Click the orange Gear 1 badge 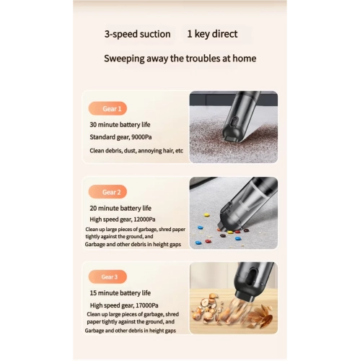pos(107,108)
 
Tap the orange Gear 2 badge pos(107,192)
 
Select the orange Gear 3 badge pos(107,277)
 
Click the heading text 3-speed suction pos(137,34)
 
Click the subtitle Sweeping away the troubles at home pos(180,58)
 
